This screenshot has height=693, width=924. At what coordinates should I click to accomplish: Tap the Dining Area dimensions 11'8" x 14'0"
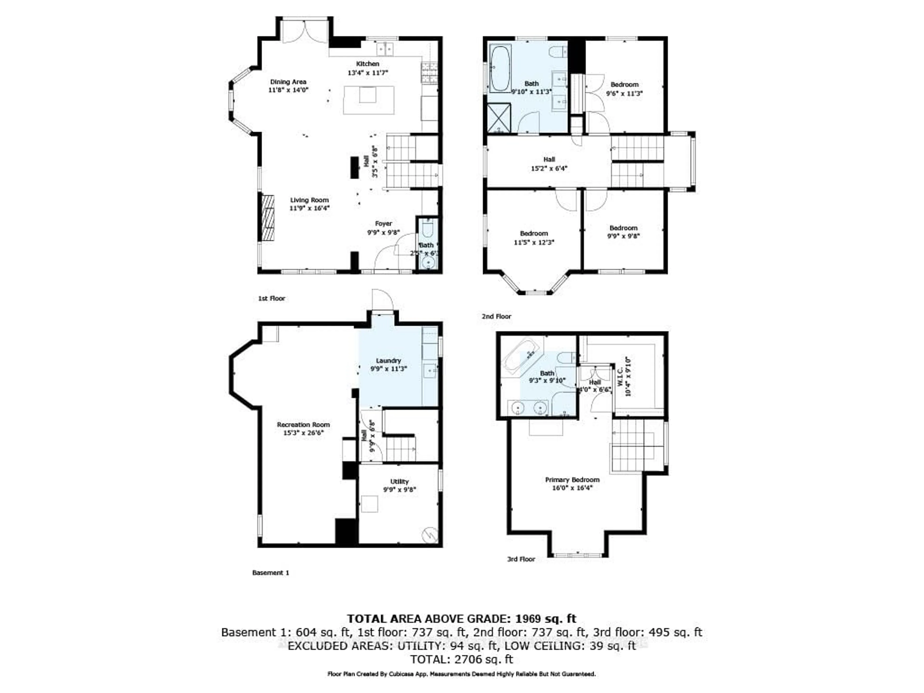pos(288,90)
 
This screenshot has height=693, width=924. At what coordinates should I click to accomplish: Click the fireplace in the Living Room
pos(268,218)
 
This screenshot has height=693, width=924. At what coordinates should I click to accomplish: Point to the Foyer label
pos(383,224)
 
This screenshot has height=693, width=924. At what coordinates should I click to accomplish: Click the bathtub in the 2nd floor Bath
pos(500,69)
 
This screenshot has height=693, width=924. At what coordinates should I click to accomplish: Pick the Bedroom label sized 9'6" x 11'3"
pos(624,85)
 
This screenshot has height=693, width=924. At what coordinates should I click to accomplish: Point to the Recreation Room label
pos(303,425)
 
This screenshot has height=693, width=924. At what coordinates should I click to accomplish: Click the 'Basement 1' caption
pos(271,573)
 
